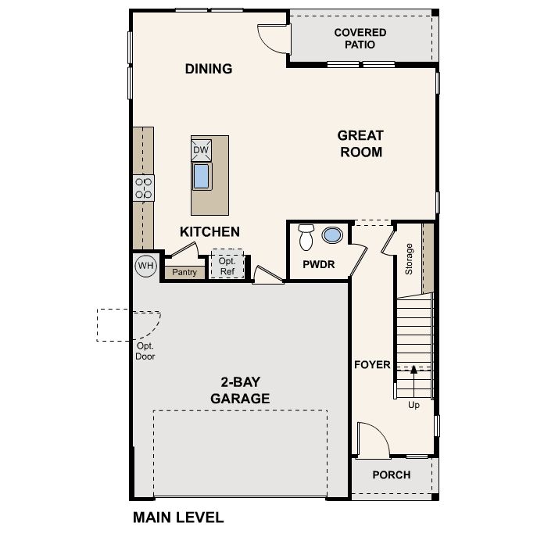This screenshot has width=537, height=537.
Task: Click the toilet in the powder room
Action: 306,238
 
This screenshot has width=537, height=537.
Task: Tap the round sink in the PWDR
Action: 332,235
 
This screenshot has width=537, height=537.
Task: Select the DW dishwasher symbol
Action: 202,150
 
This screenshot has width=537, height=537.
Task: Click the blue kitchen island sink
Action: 202,177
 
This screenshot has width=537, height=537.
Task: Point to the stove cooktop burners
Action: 144,188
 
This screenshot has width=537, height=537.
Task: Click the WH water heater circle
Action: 146,266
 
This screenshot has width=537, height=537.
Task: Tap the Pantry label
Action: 184,272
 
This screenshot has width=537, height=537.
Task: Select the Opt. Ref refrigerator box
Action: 227,263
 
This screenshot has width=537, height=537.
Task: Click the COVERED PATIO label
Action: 360,38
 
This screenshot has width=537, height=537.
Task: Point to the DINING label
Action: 209,69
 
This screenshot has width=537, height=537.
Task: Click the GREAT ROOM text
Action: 360,144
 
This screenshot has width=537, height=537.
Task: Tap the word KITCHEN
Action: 209,232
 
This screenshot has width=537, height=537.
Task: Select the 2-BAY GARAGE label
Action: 240,390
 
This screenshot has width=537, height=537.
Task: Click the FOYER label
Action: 372,365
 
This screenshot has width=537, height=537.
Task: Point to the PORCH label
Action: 392,475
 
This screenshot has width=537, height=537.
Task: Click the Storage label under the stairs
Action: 409,260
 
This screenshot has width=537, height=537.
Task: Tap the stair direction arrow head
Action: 413,369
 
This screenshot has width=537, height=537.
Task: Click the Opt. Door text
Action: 145,351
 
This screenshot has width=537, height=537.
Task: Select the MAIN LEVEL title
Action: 178,517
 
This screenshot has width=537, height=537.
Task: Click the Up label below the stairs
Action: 413,405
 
